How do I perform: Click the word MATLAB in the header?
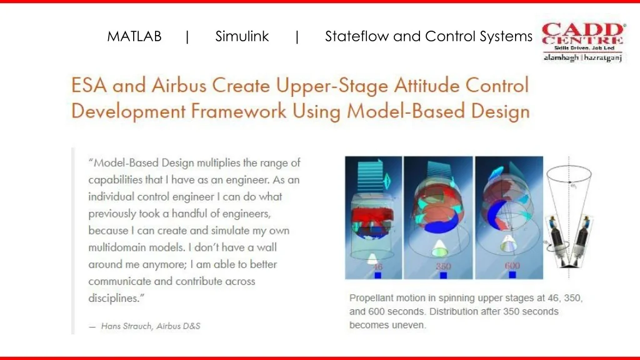pyautogui.click(x=134, y=36)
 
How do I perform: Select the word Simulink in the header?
pyautogui.click(x=242, y=36)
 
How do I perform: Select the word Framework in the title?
pyautogui.click(x=238, y=111)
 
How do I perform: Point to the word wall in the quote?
pyautogui.click(x=267, y=247)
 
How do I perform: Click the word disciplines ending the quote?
pyautogui.click(x=114, y=298)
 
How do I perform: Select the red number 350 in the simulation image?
pyautogui.click(x=443, y=266)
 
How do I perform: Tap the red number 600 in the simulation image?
pyautogui.click(x=512, y=266)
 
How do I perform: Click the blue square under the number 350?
pyautogui.click(x=443, y=276)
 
